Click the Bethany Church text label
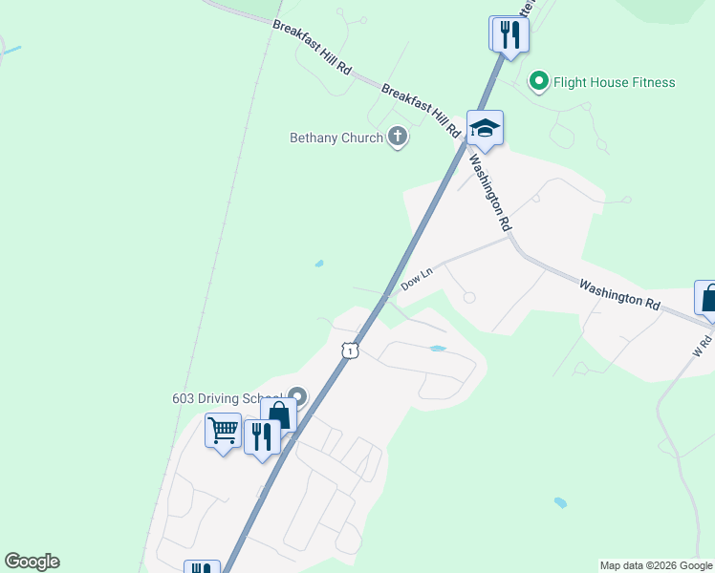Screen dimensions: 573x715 coord(336,138)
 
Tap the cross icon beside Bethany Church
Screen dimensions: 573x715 coord(398,138)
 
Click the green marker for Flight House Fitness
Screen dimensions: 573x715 coord(538,81)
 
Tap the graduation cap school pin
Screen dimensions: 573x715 coord(485,129)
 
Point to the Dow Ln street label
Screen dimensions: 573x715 coord(417,279)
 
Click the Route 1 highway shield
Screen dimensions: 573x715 coord(351,350)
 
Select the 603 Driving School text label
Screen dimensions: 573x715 coord(226,398)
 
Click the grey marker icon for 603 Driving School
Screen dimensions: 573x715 coord(297,395)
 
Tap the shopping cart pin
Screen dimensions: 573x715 coord(223,432)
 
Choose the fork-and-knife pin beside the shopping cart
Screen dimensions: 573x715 coord(261,438)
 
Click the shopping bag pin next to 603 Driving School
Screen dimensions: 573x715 coord(278,416)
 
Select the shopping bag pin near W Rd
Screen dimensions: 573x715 coord(708,299)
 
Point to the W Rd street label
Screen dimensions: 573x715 coord(703,343)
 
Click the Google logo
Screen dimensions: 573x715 coord(32,562)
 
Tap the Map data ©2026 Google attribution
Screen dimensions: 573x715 coord(656,565)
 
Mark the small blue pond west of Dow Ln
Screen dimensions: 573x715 coord(318,264)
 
